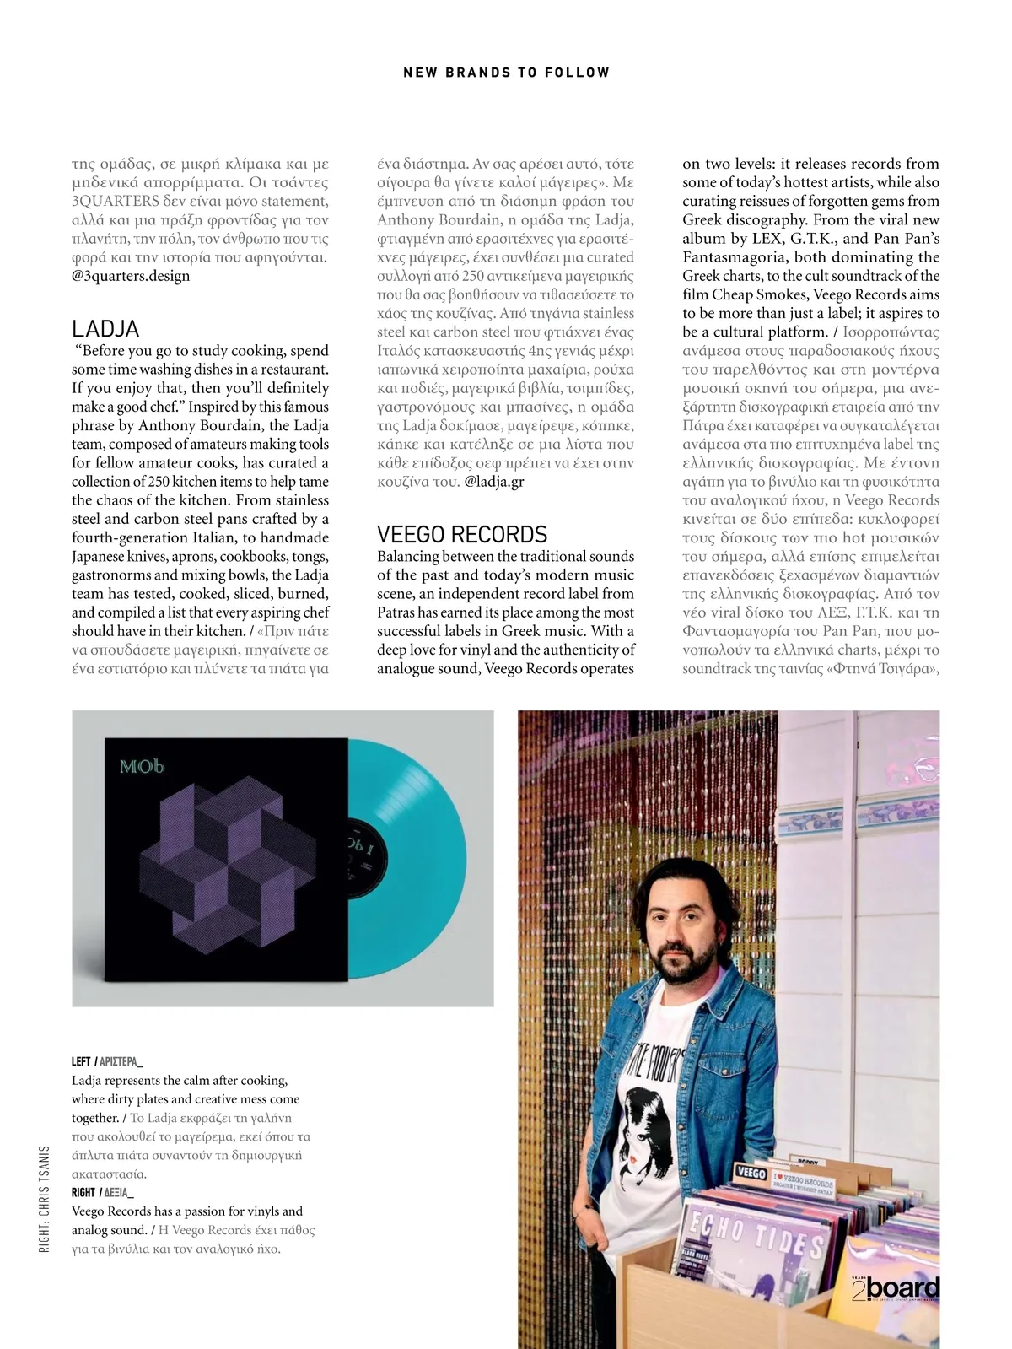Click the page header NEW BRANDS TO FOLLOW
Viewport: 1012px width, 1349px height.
tap(506, 73)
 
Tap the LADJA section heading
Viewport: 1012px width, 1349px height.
tap(105, 328)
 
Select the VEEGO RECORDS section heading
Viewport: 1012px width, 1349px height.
tap(462, 534)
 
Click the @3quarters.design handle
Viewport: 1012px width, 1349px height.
tap(131, 276)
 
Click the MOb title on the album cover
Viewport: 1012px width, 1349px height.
tap(142, 766)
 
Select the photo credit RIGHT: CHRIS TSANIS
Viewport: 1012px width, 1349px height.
tap(45, 1197)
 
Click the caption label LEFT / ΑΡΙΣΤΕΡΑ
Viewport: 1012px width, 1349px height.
tap(107, 1061)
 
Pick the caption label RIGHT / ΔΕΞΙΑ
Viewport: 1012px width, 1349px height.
tap(103, 1192)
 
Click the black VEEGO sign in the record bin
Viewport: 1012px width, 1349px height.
tap(751, 1173)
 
